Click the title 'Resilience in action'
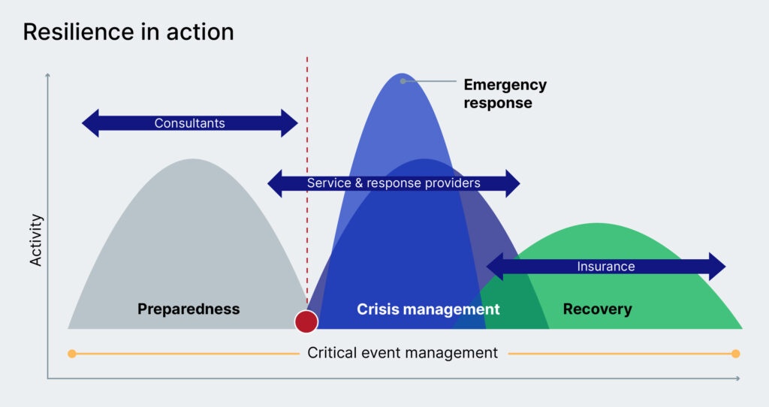click(128, 32)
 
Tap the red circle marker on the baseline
click(306, 321)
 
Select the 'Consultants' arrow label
click(189, 123)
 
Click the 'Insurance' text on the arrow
click(605, 267)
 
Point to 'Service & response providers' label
click(394, 183)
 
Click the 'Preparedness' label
click(188, 309)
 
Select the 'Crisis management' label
click(427, 309)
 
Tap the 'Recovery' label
click(597, 309)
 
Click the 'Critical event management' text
click(403, 353)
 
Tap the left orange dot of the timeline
click(71, 354)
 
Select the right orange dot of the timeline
click(735, 354)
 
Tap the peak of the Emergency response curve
click(403, 76)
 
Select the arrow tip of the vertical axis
click(48, 74)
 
